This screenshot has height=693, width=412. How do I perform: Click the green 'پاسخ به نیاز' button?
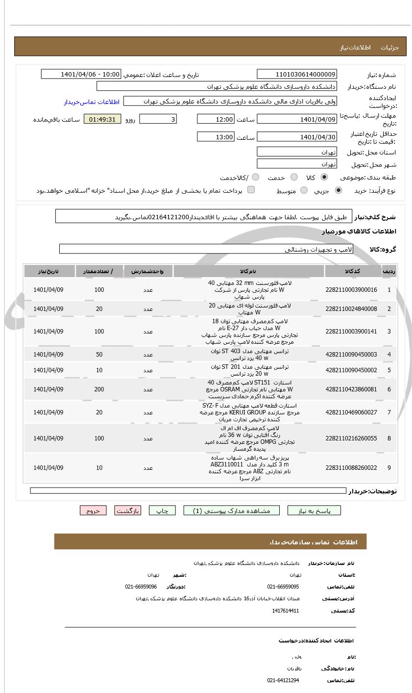point(314,511)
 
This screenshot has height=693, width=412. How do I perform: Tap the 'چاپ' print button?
point(162,511)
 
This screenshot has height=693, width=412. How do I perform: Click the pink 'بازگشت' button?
point(128,511)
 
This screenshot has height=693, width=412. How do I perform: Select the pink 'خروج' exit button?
point(93,511)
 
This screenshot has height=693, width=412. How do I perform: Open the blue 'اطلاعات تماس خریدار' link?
point(92,102)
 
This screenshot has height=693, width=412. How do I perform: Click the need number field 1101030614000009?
point(297,75)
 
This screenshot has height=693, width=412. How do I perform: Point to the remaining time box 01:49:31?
point(102,119)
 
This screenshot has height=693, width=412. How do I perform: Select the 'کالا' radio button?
point(324,178)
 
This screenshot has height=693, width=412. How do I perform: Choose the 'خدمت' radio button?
point(294,178)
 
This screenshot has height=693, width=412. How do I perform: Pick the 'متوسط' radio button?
point(304,190)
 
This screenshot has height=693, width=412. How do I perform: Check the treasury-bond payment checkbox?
point(251,190)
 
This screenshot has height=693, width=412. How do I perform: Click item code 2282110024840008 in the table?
point(351,309)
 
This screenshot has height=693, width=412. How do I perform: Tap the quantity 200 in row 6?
point(99,389)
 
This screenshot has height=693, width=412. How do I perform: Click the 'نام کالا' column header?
point(248,271)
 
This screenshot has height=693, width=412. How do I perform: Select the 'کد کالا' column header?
point(353,271)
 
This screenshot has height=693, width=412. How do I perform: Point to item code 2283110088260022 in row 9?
point(351,468)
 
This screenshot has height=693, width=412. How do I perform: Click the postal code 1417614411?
point(285,611)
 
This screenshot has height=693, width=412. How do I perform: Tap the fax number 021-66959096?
point(141,587)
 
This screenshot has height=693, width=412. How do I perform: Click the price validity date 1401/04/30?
point(297,137)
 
